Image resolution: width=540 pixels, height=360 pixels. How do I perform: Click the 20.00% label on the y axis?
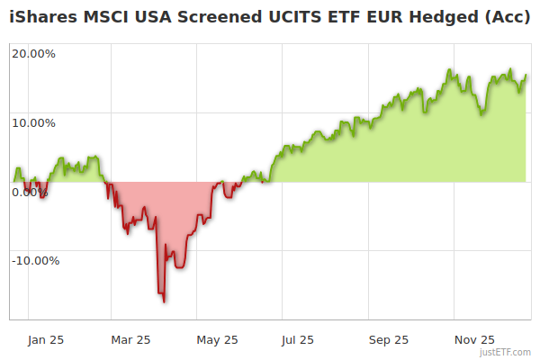pyautogui.click(x=33, y=53)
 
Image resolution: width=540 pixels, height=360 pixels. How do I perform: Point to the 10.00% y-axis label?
pyautogui.click(x=33, y=122)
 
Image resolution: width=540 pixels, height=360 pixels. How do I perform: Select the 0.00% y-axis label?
pyautogui.click(x=31, y=192)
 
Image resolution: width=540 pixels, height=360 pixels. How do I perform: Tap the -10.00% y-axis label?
pyautogui.click(x=35, y=261)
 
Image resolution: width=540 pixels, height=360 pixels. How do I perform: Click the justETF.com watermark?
pyautogui.click(x=506, y=352)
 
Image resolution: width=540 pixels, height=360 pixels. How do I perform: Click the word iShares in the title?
pyautogui.click(x=40, y=17)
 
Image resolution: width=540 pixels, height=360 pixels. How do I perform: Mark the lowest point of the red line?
pyautogui.click(x=164, y=301)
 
